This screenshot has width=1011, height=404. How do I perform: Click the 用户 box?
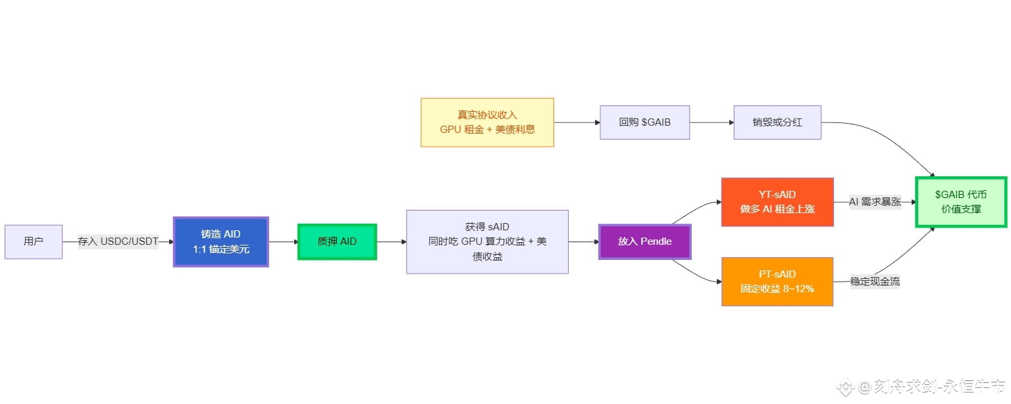[34, 241]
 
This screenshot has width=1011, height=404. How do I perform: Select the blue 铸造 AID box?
[221, 241]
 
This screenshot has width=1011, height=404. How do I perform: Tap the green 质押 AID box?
[337, 241]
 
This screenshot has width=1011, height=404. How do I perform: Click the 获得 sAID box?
[487, 241]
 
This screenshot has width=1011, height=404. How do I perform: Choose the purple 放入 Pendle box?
[645, 241]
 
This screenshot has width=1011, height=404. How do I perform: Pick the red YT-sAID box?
[777, 202]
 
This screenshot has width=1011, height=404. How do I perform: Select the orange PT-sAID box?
[777, 282]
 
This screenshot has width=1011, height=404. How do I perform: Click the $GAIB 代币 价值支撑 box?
[961, 202]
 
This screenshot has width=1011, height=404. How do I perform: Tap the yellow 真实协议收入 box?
[487, 122]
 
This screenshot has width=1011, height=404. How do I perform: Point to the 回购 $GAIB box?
[645, 122]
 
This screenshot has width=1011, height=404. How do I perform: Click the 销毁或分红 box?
[777, 122]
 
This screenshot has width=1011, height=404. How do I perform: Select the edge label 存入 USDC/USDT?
[118, 241]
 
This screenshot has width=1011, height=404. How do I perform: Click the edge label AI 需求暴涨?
[875, 202]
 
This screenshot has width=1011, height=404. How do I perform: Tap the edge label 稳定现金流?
[875, 282]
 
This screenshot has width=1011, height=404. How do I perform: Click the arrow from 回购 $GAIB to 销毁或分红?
[712, 122]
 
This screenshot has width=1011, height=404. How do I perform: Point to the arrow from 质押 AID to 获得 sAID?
[391, 241]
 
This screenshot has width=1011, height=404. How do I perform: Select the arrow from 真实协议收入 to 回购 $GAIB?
[577, 122]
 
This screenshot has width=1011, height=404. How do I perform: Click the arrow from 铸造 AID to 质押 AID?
[283, 241]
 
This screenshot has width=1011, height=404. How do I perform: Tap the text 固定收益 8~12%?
[777, 288]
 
